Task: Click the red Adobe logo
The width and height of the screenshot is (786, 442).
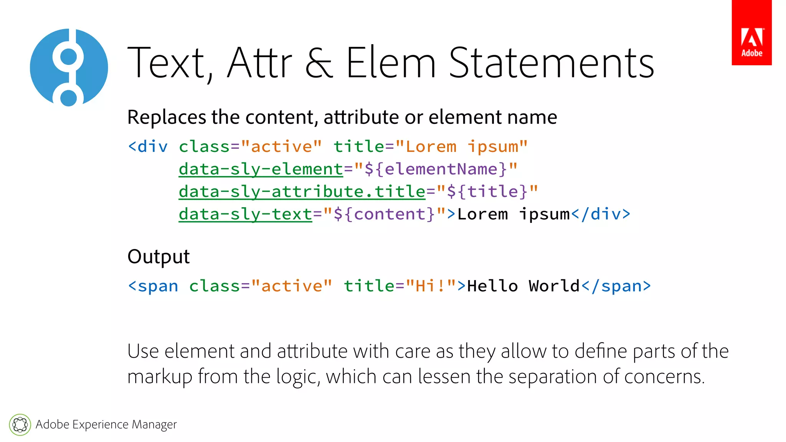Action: click(751, 33)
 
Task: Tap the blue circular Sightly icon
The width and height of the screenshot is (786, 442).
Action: click(69, 68)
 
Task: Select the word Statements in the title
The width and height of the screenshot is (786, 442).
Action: click(552, 63)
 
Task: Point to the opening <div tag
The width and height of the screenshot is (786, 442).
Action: click(148, 147)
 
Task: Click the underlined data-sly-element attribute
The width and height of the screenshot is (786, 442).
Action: click(261, 169)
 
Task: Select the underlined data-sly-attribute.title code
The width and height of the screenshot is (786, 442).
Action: click(302, 191)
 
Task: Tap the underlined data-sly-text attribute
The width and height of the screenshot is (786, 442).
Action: click(245, 214)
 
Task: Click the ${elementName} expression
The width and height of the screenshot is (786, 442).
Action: click(436, 169)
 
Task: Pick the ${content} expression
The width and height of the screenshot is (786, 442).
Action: click(384, 214)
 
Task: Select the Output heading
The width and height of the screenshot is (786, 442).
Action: click(159, 257)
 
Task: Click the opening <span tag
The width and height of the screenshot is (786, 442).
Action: click(153, 286)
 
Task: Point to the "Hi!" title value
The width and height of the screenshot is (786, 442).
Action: click(430, 286)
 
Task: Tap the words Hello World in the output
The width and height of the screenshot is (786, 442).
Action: click(523, 286)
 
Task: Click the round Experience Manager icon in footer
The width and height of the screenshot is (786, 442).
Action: click(20, 425)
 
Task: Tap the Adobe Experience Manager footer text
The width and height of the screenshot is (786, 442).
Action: click(106, 424)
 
